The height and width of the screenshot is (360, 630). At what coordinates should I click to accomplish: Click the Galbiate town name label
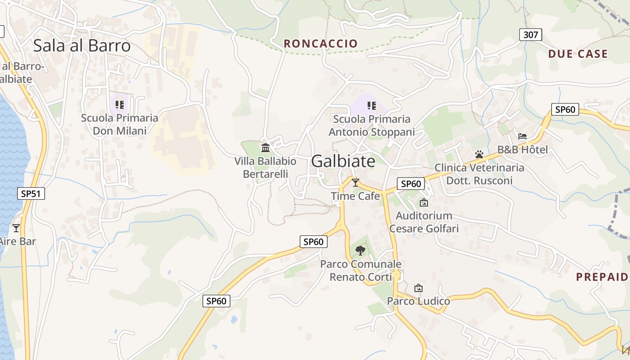coord(343,161)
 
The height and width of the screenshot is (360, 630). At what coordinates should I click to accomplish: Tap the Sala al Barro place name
coord(82,45)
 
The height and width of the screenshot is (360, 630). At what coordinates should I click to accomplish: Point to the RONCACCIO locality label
coord(321,44)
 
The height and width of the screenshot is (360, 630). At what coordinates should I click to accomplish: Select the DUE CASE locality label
coord(578,54)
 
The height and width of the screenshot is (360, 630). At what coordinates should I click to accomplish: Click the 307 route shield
coord(531,35)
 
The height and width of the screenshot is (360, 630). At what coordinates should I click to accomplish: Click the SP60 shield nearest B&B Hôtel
coord(565,109)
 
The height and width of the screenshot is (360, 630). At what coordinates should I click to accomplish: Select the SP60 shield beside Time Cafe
coord(410,184)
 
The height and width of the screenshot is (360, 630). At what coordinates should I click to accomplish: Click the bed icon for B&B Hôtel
coord(522,136)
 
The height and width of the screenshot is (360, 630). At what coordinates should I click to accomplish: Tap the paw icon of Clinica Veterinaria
coord(479,154)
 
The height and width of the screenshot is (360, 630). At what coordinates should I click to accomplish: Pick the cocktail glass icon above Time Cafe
coord(355,182)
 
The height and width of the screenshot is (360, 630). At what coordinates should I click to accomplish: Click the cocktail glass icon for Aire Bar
coord(16,228)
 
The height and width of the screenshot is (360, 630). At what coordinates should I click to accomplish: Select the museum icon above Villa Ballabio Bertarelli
coord(265,148)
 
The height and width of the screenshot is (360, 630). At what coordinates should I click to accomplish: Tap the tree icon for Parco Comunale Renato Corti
coord(360,250)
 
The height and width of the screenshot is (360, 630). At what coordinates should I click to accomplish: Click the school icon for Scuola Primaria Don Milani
coord(119,105)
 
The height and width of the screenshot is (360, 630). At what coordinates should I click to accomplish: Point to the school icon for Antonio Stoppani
coord(371,106)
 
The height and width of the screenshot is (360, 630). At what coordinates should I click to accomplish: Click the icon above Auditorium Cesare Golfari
coord(423,202)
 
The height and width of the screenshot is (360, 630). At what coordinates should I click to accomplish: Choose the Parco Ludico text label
coord(418,301)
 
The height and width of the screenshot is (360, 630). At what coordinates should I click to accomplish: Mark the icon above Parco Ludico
coord(418,288)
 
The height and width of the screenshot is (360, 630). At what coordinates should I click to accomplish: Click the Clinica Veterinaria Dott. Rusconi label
coord(479,174)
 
